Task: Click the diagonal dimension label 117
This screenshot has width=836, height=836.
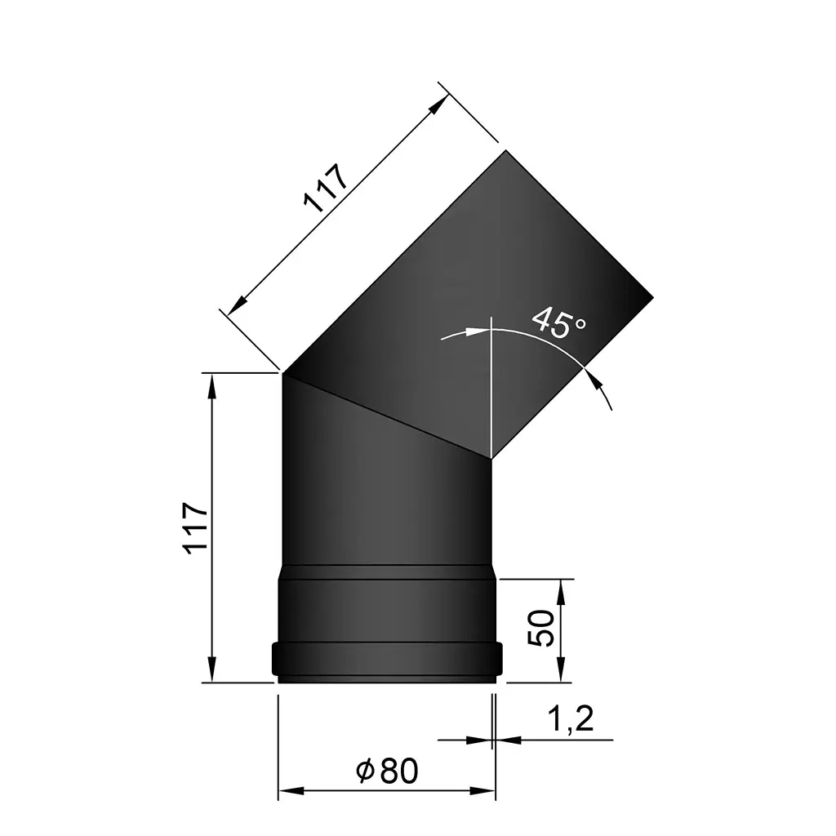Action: (326, 189)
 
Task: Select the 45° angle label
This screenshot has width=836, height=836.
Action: (558, 322)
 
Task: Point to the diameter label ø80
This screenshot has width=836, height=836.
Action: (387, 770)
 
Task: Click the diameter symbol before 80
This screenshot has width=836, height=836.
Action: (365, 770)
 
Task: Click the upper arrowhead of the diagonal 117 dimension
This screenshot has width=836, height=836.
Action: (440, 103)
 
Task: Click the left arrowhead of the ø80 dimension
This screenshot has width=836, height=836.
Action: (289, 791)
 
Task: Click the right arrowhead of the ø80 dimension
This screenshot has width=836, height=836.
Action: (485, 791)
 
